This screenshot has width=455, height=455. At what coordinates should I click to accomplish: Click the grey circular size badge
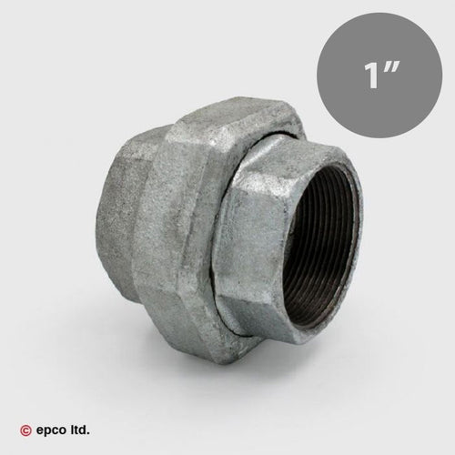pyautogui.click(x=379, y=76)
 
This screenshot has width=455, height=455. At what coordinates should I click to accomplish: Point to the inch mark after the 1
pyautogui.click(x=390, y=68)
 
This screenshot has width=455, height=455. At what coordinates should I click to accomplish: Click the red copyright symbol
pyautogui.click(x=25, y=430)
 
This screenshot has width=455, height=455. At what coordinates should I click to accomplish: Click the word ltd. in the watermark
pyautogui.click(x=77, y=430)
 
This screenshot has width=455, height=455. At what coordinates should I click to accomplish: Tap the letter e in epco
pyautogui.click(x=39, y=430)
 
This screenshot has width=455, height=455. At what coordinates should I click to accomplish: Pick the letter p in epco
pyautogui.click(x=46, y=431)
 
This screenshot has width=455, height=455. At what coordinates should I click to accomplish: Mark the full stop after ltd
pyautogui.click(x=88, y=433)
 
